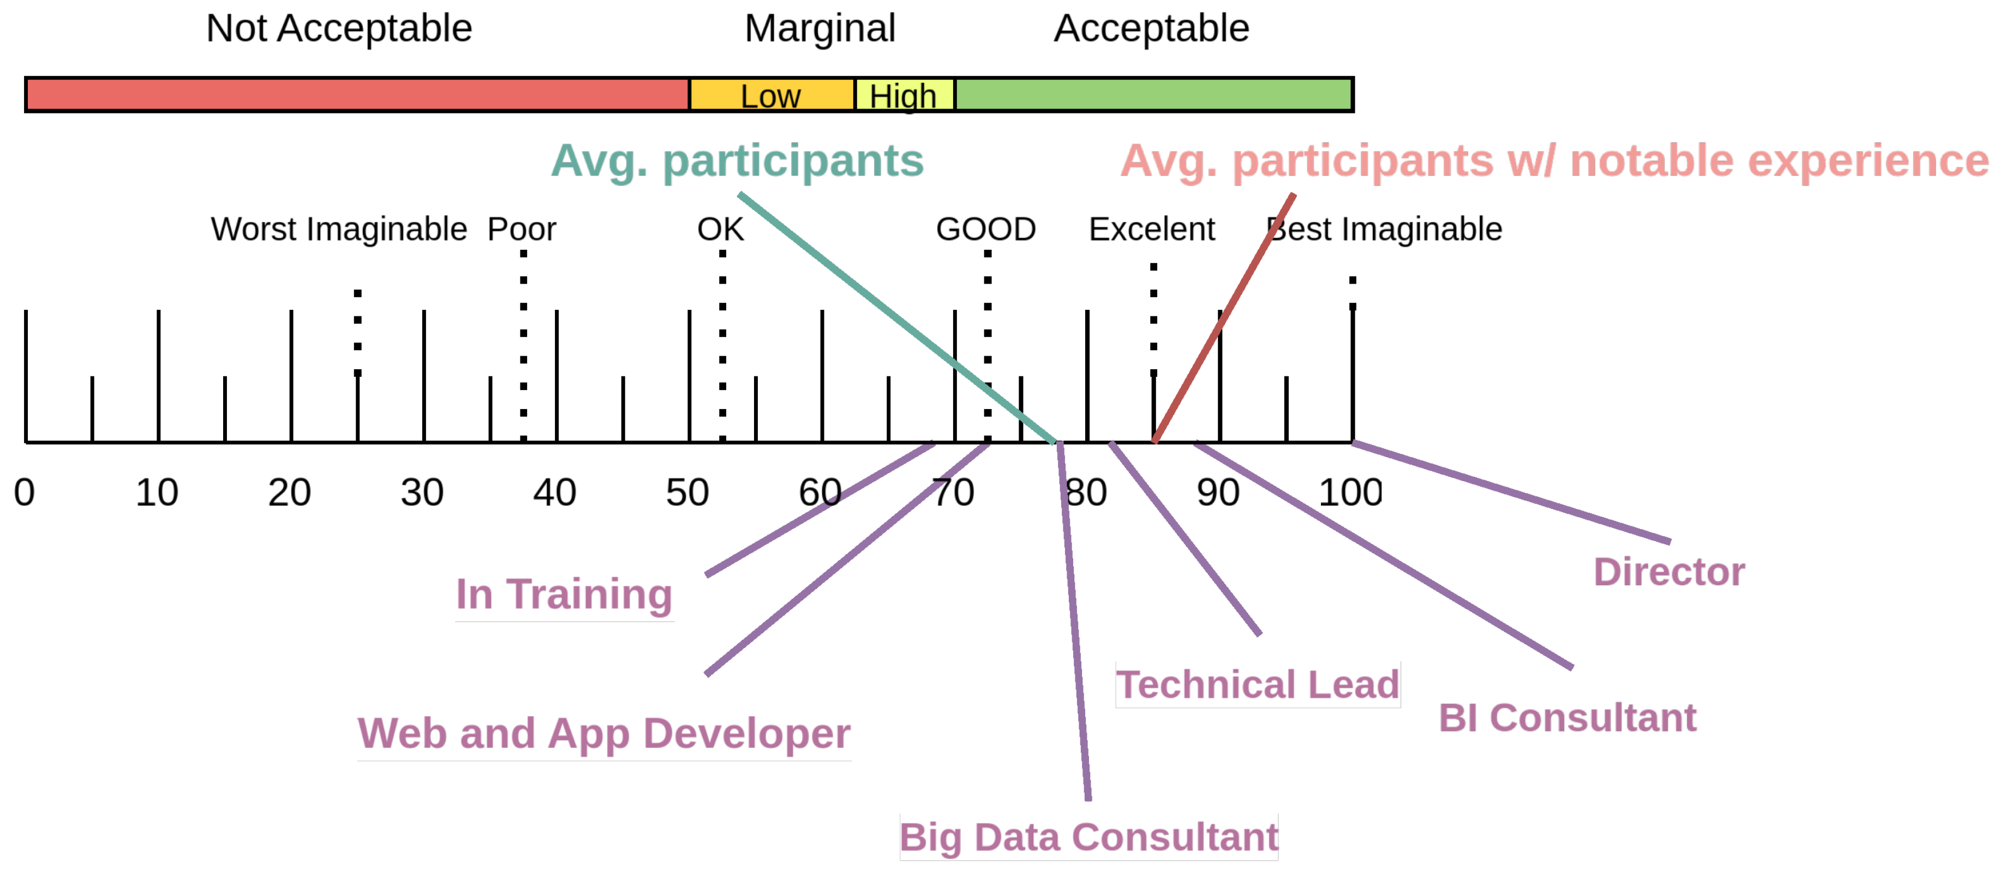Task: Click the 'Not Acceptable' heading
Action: (x=339, y=29)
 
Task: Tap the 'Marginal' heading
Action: (x=820, y=29)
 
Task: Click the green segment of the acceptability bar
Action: (x=1153, y=94)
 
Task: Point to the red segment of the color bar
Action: (x=357, y=94)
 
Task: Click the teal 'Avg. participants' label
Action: (x=737, y=160)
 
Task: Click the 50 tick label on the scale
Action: (x=687, y=493)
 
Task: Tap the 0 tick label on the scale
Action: (x=24, y=493)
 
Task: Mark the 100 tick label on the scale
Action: (x=1350, y=493)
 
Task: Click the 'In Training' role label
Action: (x=564, y=594)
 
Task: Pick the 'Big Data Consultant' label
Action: (x=1088, y=837)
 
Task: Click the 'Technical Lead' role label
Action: (x=1257, y=684)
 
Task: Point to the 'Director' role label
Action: (x=1668, y=572)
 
